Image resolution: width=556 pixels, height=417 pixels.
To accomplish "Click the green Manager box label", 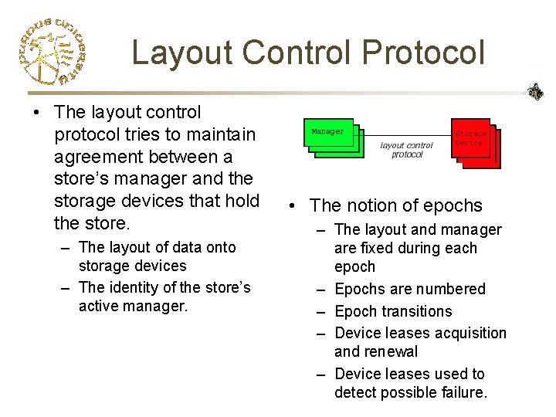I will click(x=327, y=132).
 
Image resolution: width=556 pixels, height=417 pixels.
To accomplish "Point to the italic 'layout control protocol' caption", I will click(x=407, y=150).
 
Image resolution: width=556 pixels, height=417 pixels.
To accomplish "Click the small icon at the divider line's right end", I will click(x=535, y=92).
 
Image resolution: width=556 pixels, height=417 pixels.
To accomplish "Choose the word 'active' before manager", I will click(x=100, y=306).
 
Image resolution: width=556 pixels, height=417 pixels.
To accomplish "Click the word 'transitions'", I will click(x=414, y=311).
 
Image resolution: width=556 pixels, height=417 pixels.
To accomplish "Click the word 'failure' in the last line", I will click(x=463, y=392).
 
